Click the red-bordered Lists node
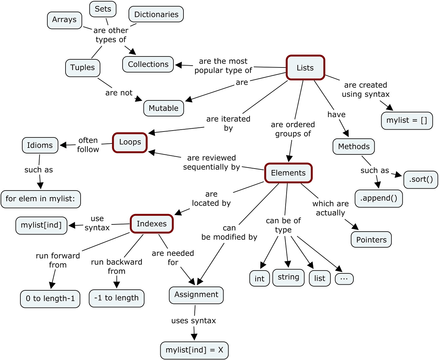305,68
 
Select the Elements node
288,173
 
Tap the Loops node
130,142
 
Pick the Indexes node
151,224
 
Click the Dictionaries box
156,14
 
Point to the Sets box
103,9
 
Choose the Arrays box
65,20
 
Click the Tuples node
82,68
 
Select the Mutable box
163,108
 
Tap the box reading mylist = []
407,121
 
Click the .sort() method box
420,180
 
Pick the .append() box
378,198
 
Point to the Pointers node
371,240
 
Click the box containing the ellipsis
344,279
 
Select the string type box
288,277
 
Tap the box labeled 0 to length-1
50,299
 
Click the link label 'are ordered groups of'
293,129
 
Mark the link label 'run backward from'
117,266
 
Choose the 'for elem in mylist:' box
41,199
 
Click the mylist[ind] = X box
194,350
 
